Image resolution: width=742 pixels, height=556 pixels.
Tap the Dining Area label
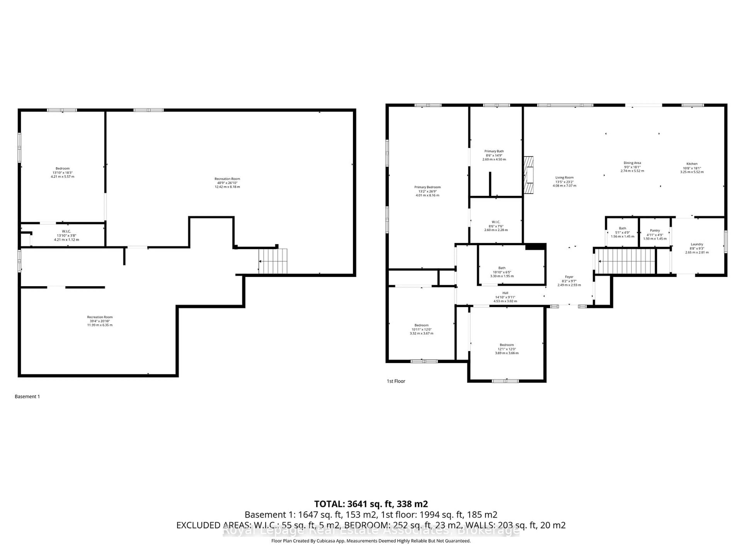(x=632, y=163)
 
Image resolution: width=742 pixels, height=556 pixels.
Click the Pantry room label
(x=655, y=231)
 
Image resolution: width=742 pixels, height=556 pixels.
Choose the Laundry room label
(x=697, y=244)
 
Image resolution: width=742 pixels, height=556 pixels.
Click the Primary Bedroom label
(x=427, y=187)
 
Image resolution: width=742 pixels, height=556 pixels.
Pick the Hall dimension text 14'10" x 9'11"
(x=505, y=297)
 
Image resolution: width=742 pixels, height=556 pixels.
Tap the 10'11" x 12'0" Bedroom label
(x=421, y=329)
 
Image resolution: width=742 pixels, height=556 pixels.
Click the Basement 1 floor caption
(x=27, y=397)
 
